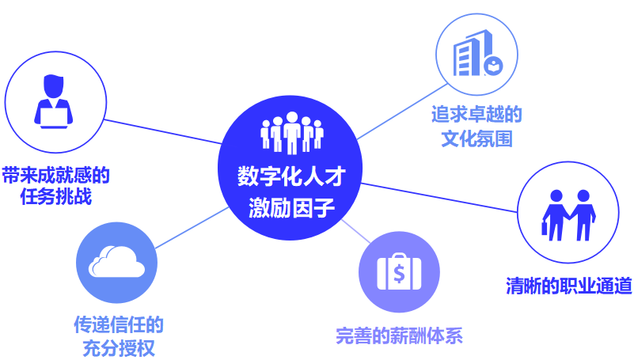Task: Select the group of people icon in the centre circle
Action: coord(291,134)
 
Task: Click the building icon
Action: coord(476,58)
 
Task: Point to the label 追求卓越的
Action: coord(476,114)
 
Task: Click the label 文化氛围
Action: coord(476,139)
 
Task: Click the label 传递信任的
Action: coord(118,324)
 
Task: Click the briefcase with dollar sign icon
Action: coord(399,273)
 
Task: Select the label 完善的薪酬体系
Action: coord(399,335)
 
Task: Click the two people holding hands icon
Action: coord(568,214)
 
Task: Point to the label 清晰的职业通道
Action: coord(568,286)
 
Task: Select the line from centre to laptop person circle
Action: coord(162,132)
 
